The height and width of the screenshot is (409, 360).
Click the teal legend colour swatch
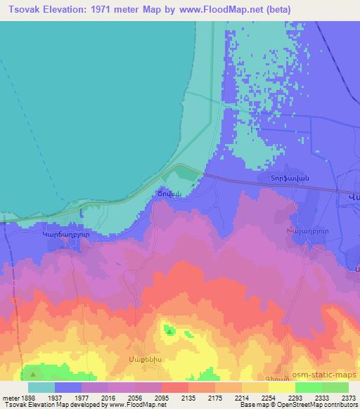point(41,387)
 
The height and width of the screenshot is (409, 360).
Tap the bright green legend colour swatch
point(309,387)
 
